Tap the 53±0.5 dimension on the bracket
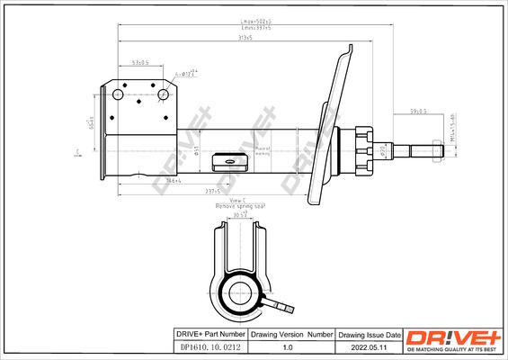(x=140, y=64)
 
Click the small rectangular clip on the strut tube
(x=222, y=163)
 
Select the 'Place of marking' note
(x=263, y=151)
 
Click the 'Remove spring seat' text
(x=238, y=206)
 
